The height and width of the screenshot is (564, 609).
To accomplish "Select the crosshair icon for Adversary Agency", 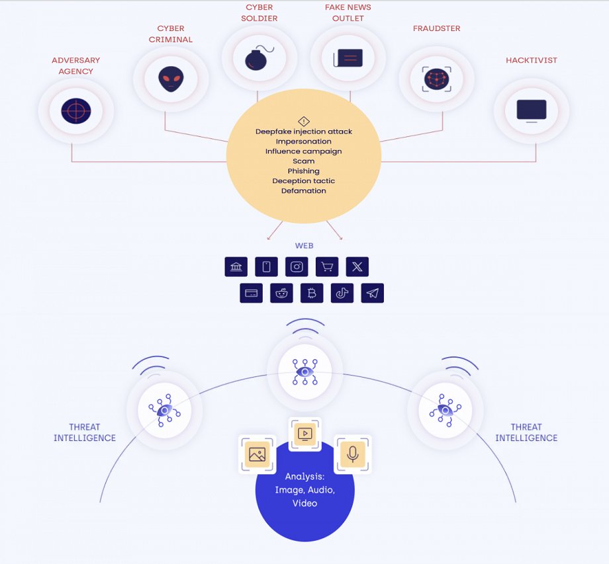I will tap(75, 110).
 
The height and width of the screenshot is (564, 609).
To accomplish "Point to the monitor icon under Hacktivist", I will tap(531, 110).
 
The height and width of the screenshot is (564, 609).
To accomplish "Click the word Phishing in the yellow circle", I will tap(303, 171).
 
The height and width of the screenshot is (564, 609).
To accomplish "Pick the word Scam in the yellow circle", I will tap(303, 161).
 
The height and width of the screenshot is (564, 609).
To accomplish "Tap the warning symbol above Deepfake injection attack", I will tap(303, 121).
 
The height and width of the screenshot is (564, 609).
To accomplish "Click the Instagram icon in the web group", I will tap(297, 267).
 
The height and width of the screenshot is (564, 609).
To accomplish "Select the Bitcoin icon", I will tap(312, 294).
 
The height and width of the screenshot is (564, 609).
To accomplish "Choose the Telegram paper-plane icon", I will tap(373, 294).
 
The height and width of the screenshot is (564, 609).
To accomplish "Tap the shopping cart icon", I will tap(327, 267).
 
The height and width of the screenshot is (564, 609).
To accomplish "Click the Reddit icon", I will tap(281, 294).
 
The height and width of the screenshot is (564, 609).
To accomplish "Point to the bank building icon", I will tap(236, 267).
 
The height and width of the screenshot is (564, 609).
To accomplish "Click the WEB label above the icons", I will tap(304, 246).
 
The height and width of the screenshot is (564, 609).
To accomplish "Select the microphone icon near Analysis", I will tap(352, 454).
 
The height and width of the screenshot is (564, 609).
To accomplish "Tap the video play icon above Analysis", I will tap(304, 434).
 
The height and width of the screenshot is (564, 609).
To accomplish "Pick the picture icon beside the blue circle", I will tap(257, 454).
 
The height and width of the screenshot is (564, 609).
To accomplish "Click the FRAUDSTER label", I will tap(436, 28).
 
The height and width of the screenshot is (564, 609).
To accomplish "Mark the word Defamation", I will tap(303, 191).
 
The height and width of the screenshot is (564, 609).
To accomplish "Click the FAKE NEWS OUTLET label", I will tap(348, 13).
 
